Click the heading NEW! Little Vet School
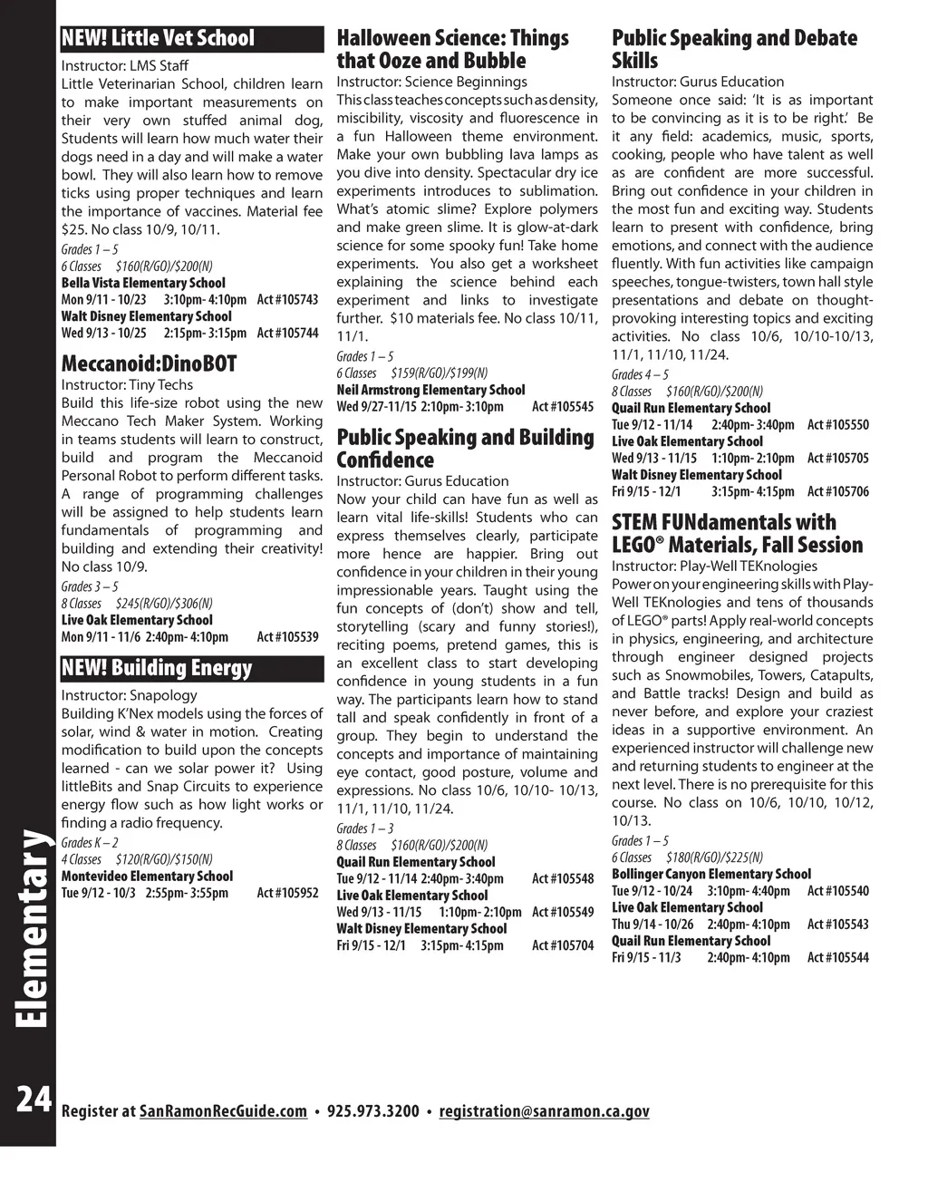coord(159,38)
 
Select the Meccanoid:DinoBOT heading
coord(149,364)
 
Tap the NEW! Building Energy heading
coord(157,669)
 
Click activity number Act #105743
coord(287,300)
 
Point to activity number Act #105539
coord(287,637)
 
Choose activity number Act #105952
coord(287,893)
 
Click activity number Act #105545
coord(563,407)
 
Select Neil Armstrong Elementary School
coord(430,390)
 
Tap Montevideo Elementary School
coord(147,877)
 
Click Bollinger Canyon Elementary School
coord(710,874)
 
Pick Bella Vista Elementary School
coord(143,283)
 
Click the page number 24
coord(33,1099)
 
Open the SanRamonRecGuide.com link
coord(224,1111)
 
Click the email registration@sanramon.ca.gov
coord(544,1111)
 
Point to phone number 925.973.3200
coord(372,1111)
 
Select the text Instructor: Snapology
coord(129,695)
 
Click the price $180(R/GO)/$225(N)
coord(714,857)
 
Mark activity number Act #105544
coord(837,957)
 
